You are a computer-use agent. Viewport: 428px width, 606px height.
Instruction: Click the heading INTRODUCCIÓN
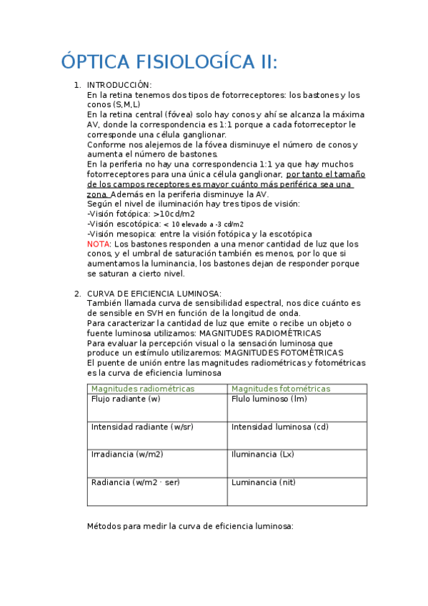click(119, 86)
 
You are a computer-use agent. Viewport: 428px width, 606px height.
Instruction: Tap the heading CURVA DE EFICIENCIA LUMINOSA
click(154, 294)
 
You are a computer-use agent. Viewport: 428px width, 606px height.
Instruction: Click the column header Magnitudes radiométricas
click(142, 389)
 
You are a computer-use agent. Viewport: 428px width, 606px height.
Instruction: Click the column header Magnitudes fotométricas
click(281, 389)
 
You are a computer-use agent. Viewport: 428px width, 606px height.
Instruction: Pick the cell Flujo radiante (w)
click(126, 399)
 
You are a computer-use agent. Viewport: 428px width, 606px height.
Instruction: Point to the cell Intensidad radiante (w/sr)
click(142, 427)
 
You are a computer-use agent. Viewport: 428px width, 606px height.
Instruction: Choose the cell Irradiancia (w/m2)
click(127, 454)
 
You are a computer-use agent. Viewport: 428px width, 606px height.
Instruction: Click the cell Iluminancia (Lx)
click(262, 454)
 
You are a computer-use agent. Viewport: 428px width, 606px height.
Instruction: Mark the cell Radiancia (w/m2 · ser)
click(136, 482)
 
